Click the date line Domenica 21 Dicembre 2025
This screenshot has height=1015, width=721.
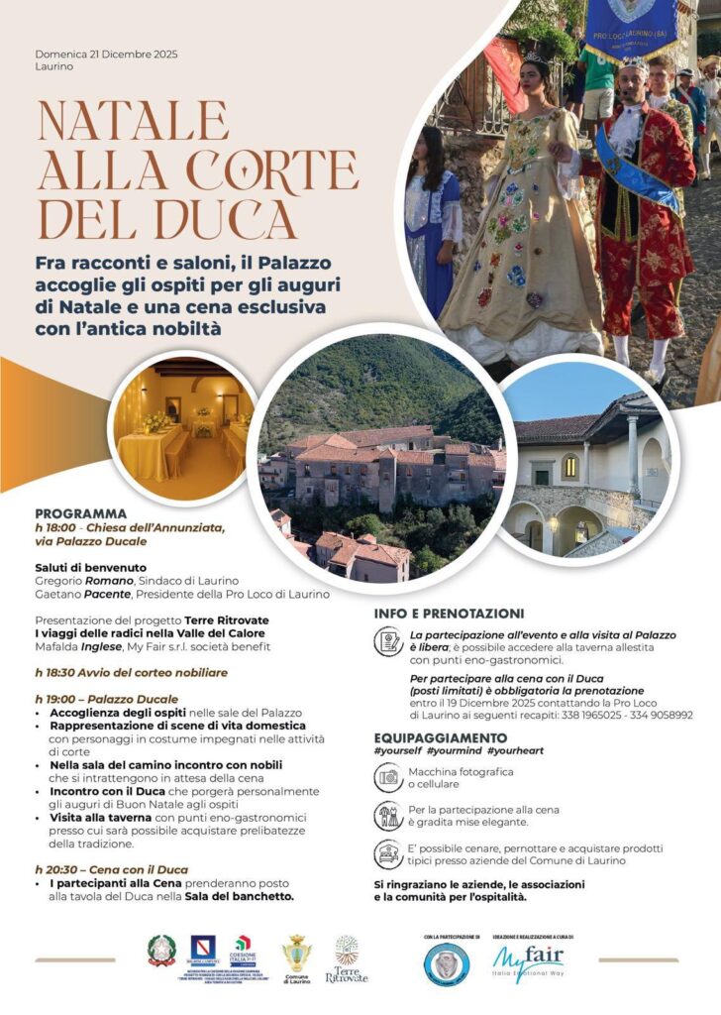coord(106,54)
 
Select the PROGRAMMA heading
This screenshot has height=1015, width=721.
coord(80,513)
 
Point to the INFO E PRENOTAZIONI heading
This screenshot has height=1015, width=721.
coord(449,614)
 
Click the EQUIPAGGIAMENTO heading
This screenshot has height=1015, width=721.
coord(441,737)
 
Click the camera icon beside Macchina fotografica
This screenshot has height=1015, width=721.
coord(388,778)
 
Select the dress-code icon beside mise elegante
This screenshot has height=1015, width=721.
coord(388,816)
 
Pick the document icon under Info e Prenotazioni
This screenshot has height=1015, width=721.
coord(388,642)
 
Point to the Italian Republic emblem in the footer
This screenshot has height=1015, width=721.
coord(161,952)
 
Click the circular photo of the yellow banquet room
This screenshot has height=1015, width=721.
coord(184,427)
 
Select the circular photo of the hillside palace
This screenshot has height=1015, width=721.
coord(382,457)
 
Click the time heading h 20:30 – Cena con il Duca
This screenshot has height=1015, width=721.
coord(111,869)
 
